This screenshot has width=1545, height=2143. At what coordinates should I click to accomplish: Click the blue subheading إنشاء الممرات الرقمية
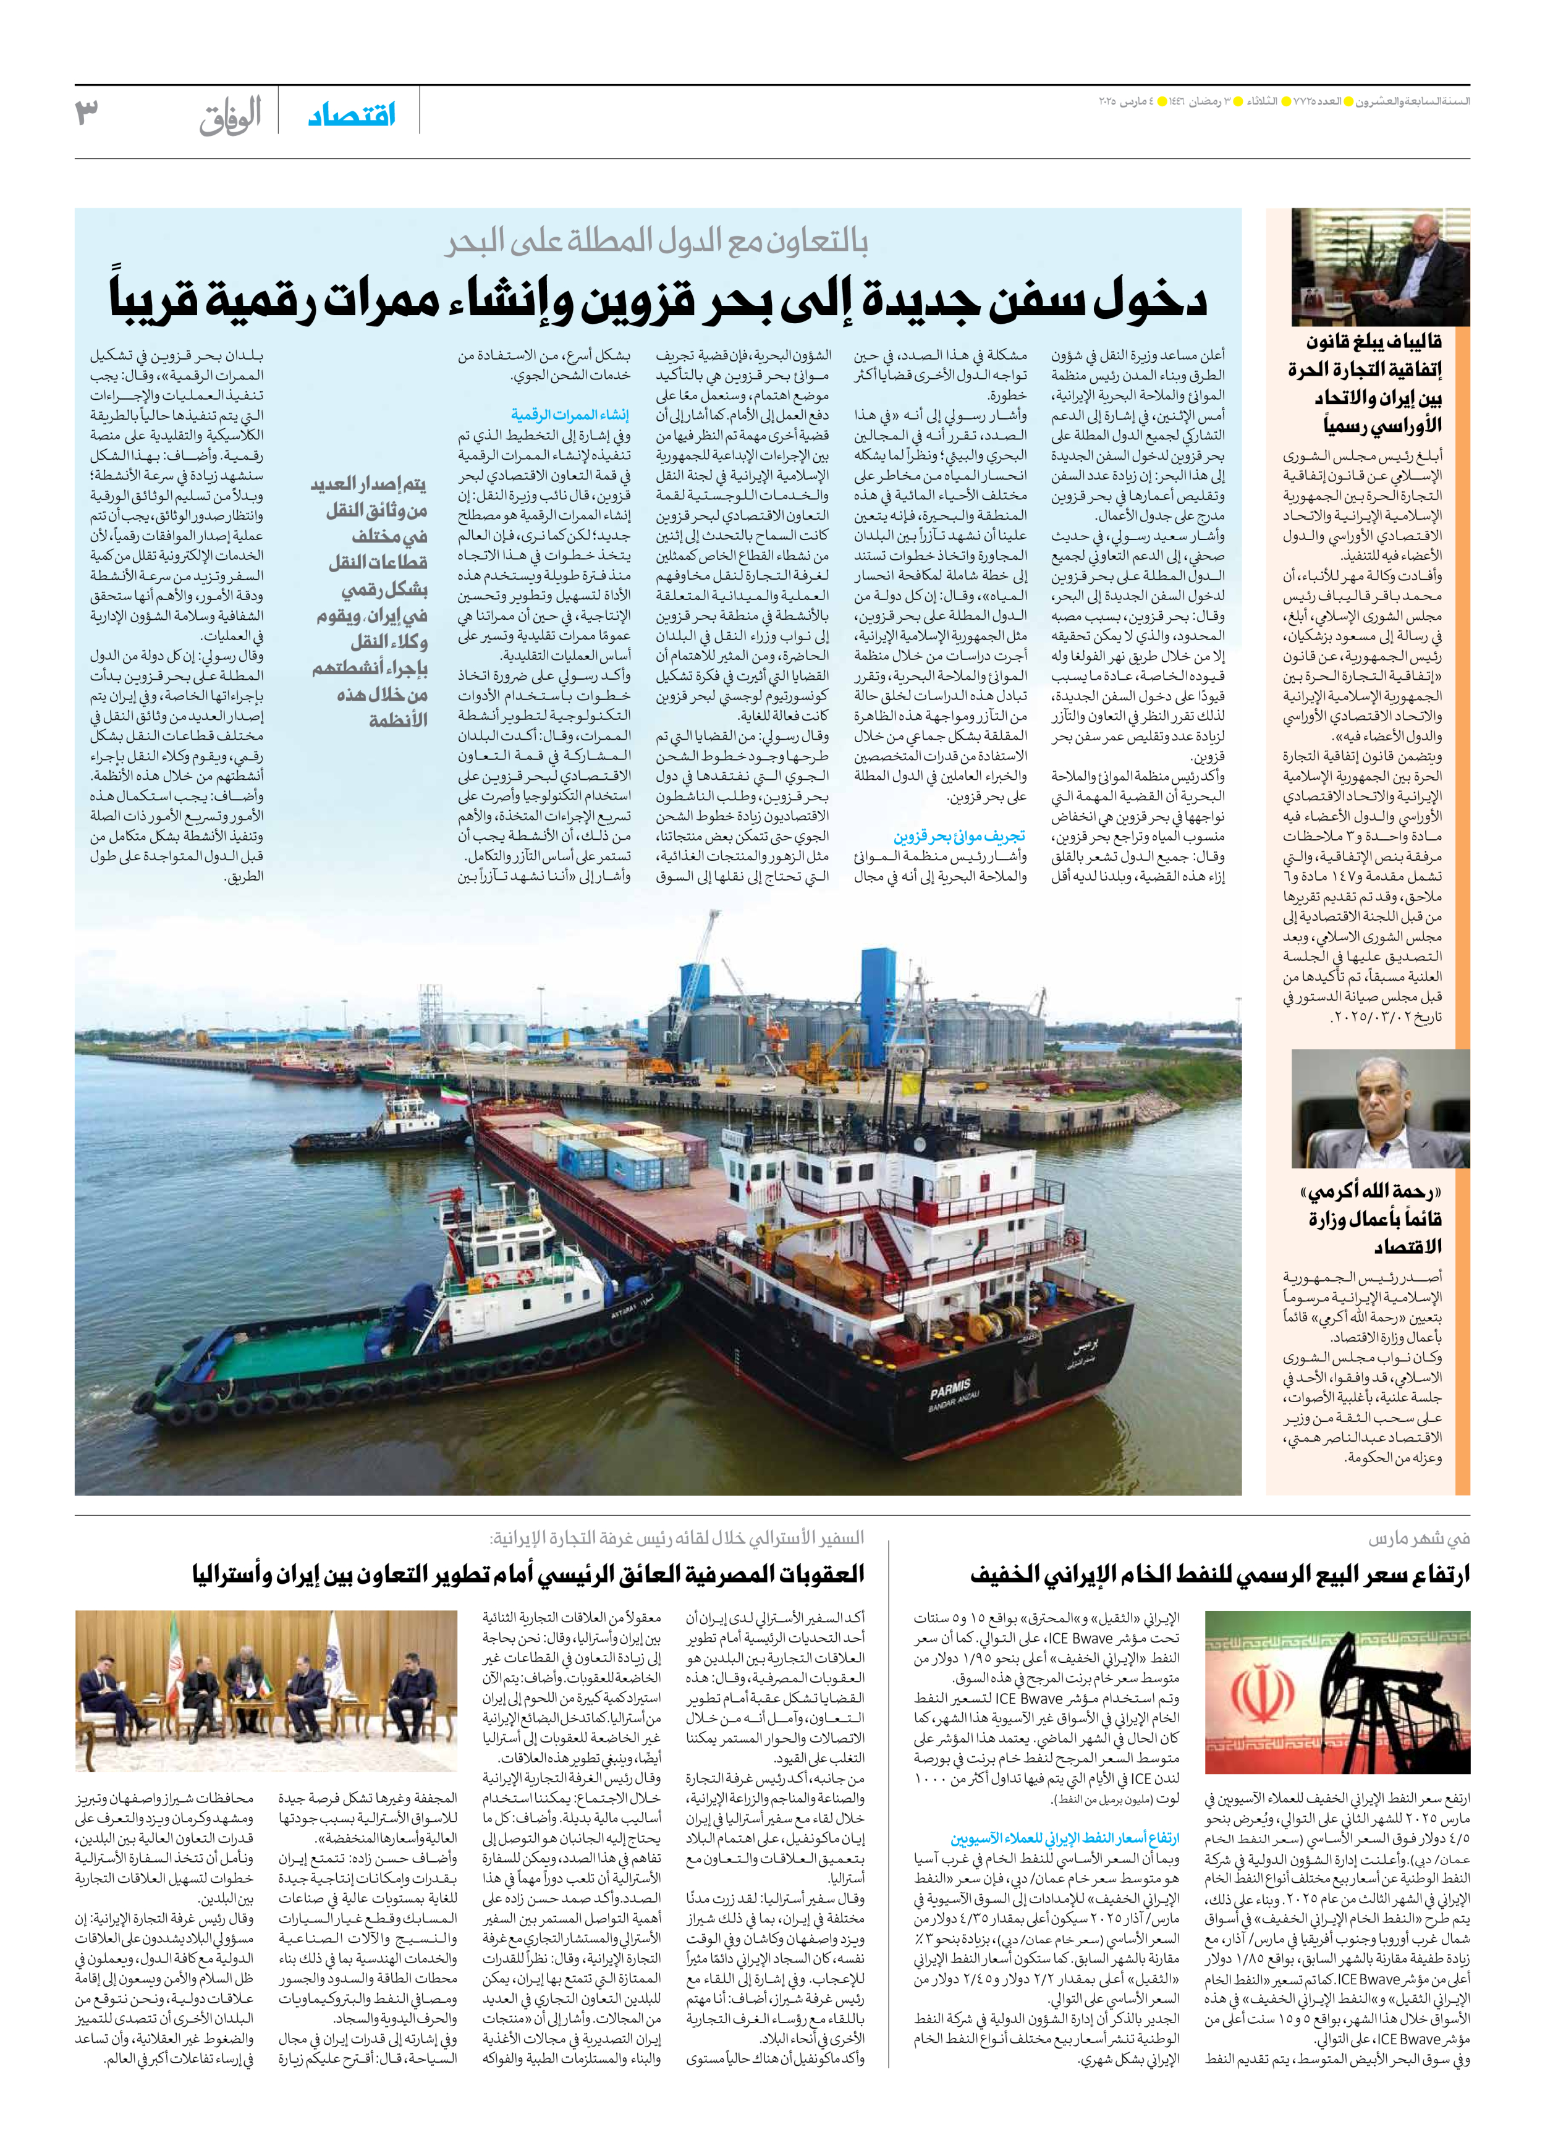[x=570, y=415]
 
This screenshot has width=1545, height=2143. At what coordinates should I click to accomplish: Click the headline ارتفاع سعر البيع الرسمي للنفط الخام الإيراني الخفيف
[x=1219, y=1574]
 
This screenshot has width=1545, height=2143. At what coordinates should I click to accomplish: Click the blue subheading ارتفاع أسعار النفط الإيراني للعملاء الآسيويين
[x=1064, y=1838]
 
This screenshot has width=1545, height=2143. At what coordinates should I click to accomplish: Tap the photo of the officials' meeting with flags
[x=266, y=1691]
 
